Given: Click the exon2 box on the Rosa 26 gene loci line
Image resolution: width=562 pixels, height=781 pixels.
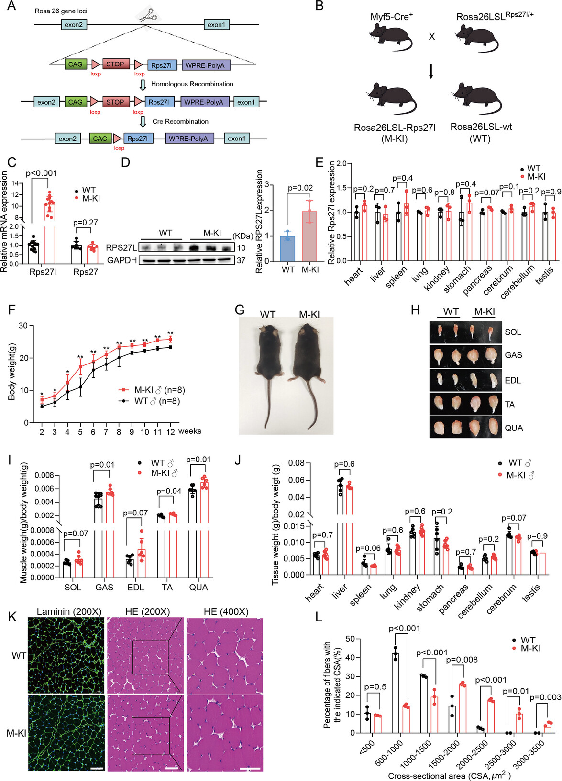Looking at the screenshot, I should [74, 24].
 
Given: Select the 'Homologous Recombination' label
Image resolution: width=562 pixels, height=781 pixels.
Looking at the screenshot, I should [192, 84].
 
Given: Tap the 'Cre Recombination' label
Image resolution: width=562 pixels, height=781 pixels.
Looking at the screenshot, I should [180, 122].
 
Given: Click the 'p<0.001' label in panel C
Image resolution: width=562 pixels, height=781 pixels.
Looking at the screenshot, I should [41, 173].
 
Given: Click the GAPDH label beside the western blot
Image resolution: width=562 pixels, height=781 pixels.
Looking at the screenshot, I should [121, 260].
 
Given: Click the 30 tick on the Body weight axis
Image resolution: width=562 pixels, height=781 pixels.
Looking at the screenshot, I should [23, 326].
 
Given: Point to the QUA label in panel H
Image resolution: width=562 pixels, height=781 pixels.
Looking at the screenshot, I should [514, 428].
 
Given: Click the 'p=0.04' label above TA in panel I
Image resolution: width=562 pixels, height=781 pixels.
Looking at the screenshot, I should [169, 491].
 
